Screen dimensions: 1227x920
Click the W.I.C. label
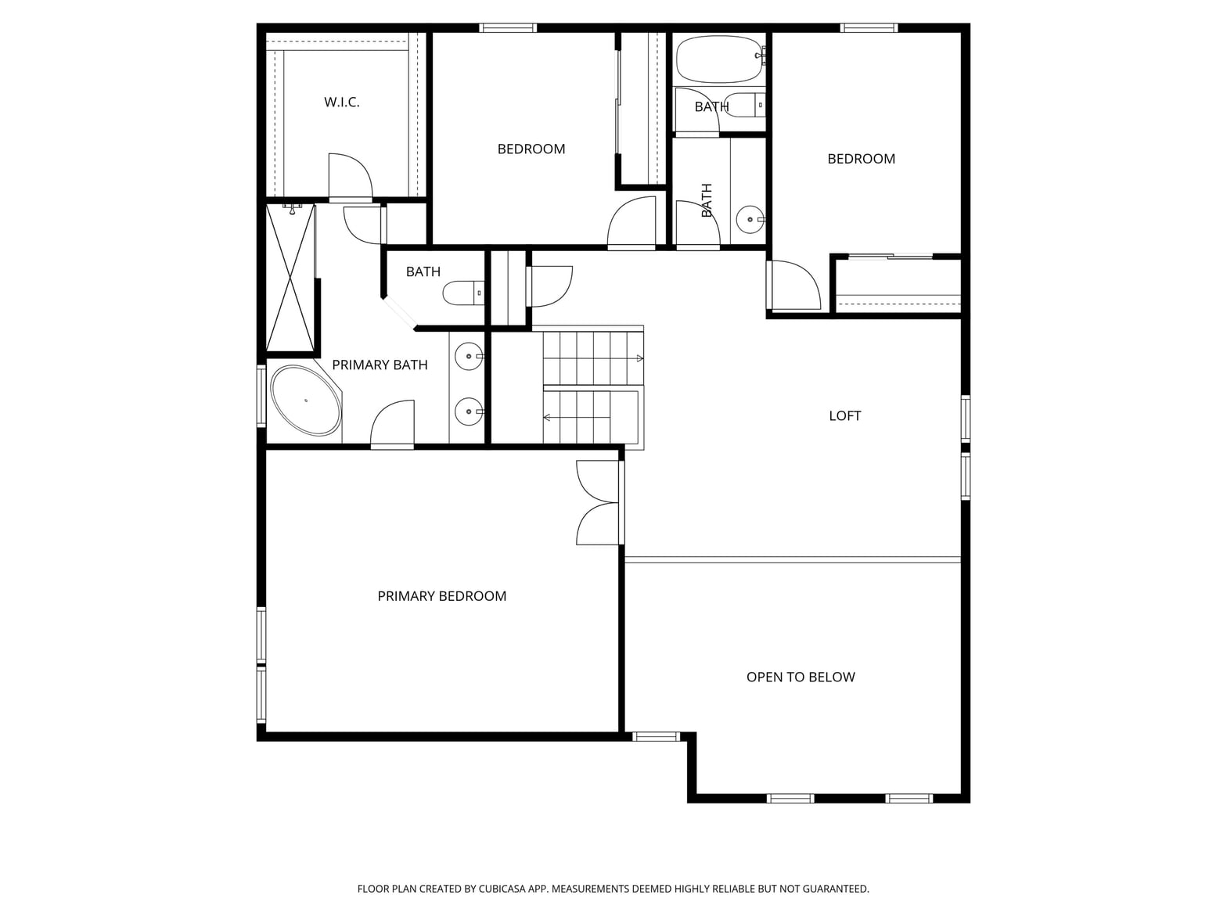341,102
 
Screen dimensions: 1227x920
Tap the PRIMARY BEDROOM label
441,596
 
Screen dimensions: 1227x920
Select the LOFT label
844,415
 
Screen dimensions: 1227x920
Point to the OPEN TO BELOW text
801,677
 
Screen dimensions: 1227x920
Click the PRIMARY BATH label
380,365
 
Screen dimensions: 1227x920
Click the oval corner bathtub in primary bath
306,401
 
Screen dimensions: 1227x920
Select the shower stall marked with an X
290,278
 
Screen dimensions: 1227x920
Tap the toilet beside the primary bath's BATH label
463,293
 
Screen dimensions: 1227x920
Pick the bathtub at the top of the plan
720,59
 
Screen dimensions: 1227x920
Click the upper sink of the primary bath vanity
469,356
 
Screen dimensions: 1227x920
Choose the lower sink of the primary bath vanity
469,411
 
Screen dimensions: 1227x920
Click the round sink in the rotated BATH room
750,220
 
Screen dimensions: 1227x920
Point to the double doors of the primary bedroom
600,503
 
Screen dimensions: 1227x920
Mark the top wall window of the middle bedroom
508,28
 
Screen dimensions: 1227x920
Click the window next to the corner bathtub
261,396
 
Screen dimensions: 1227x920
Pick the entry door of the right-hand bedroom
793,285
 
